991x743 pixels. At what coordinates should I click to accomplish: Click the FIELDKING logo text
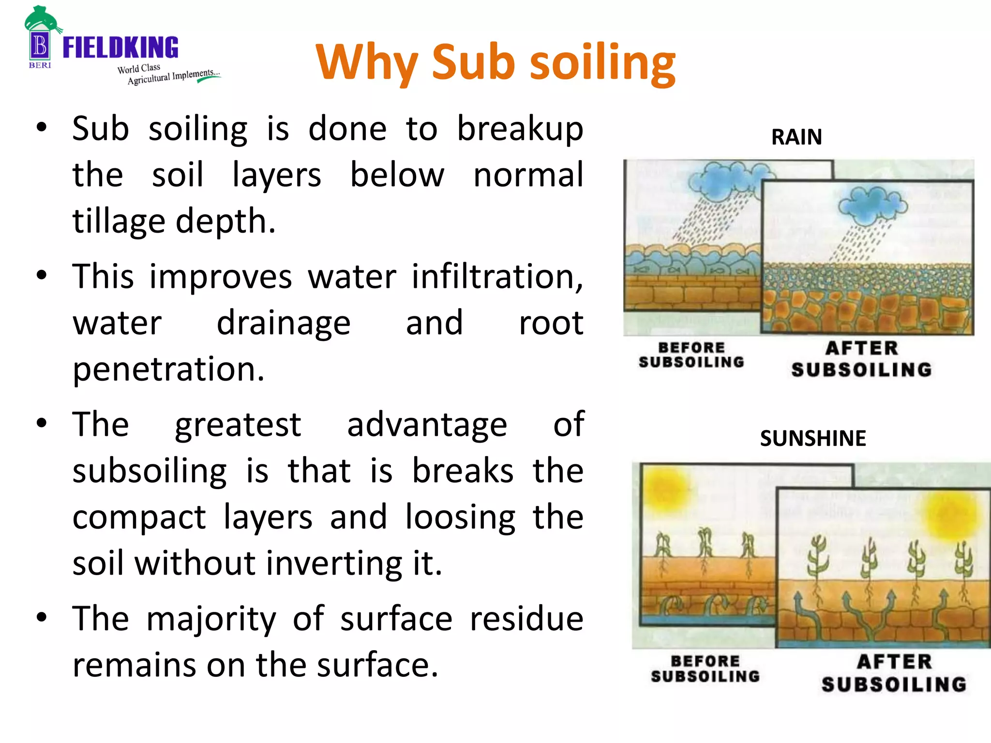(x=120, y=47)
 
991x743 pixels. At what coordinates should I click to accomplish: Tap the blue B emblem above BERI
(x=40, y=46)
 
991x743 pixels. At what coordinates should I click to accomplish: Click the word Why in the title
(x=366, y=62)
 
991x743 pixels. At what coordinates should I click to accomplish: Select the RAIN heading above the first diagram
(x=796, y=137)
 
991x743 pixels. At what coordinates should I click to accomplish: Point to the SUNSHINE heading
(x=813, y=438)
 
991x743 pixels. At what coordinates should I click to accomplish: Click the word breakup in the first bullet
(x=520, y=130)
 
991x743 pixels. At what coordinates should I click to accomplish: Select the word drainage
(x=284, y=323)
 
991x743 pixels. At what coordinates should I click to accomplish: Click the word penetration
(x=168, y=370)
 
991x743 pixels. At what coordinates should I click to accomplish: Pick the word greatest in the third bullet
(x=238, y=425)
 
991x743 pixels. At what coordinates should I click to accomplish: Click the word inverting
(x=334, y=564)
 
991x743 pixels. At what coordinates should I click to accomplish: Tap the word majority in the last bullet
(x=211, y=619)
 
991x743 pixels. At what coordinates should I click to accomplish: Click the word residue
(x=526, y=619)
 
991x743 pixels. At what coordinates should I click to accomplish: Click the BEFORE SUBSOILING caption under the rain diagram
(x=691, y=355)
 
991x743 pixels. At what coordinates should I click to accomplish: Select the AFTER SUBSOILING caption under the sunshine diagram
(x=894, y=673)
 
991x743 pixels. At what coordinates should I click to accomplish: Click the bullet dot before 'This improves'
(x=42, y=275)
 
